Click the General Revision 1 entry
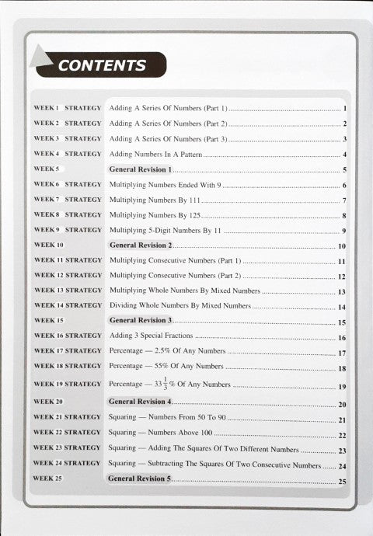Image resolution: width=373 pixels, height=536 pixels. [140, 169]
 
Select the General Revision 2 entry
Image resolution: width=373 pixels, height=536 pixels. [140, 245]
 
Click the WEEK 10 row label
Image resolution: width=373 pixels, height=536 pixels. [49, 245]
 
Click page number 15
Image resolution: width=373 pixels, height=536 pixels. [342, 322]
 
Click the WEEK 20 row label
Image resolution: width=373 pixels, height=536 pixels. [49, 402]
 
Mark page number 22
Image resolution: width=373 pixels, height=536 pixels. [342, 435]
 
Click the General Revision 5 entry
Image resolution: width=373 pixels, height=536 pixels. [140, 479]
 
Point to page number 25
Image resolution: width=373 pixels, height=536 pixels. [342, 482]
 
